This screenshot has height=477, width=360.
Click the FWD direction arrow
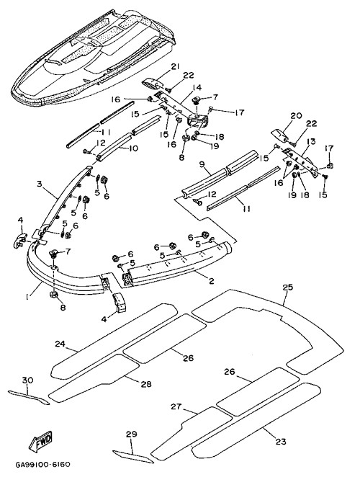point(41,441)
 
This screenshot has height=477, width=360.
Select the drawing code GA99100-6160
point(43,465)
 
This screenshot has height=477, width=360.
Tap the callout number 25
point(287,287)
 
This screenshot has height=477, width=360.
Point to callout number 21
point(175,66)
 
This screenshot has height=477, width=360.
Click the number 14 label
point(197,88)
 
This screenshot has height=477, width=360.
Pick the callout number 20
point(296,115)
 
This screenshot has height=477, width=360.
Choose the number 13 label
point(311,141)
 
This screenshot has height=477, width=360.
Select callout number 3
point(39,184)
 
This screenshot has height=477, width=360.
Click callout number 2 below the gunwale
point(211,280)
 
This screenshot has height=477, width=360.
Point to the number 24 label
point(60,344)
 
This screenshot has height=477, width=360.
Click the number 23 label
point(281,441)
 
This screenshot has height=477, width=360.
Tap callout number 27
point(176,406)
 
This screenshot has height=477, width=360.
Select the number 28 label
point(146,384)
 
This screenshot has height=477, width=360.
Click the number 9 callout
point(203,165)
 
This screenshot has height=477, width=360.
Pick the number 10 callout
point(133,148)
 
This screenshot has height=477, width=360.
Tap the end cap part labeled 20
point(280,135)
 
